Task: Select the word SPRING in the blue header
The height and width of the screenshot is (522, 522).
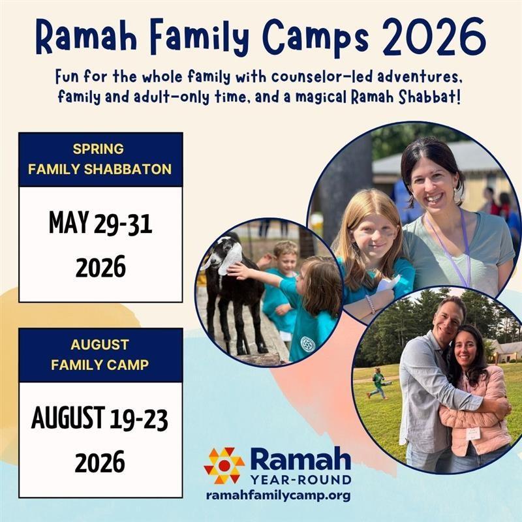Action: coord(99,149)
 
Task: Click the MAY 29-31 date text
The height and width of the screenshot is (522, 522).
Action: coord(100,223)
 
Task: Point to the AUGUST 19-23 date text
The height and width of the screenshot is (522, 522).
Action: coord(100,418)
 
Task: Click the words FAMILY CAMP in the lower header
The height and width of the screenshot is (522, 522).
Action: coord(100,365)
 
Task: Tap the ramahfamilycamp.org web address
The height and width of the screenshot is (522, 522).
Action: coord(279,495)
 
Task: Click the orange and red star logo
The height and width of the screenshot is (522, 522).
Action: coord(224,465)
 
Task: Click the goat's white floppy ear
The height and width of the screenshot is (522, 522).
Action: coord(230,258)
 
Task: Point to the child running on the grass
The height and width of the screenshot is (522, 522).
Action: coord(379,383)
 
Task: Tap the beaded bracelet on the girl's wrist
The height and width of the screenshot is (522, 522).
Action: coord(370,303)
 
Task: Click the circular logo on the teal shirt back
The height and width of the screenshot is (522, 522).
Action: coord(307,344)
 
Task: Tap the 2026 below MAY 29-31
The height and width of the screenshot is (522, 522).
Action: coord(100,267)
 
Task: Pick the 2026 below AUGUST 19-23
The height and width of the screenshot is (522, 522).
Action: coord(100,462)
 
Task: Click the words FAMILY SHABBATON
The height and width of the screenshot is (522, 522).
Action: coord(100,170)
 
